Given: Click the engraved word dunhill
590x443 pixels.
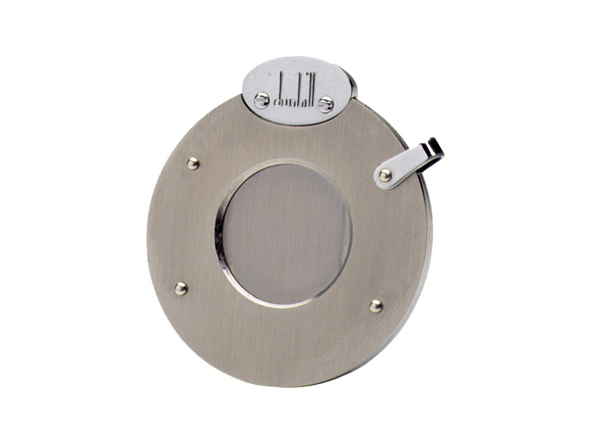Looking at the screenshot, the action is [x=296, y=89].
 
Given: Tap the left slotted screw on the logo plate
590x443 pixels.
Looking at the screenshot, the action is [x=262, y=100].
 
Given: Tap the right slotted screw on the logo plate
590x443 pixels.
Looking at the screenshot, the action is [x=325, y=104].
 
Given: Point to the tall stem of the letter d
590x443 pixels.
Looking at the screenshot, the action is [x=282, y=87].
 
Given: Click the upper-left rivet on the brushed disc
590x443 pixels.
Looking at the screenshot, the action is [x=193, y=163].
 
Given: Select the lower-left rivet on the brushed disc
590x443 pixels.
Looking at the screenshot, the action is [x=181, y=289].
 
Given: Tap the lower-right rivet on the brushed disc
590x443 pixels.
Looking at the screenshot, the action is [x=376, y=306].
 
